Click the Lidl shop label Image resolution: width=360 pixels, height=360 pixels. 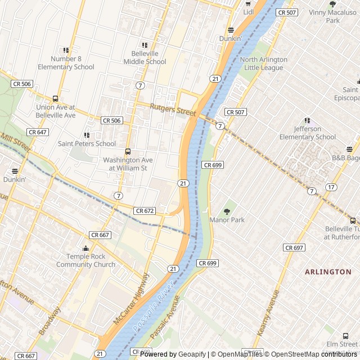tap(249, 12)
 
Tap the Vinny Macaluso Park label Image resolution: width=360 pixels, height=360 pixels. tap(333, 16)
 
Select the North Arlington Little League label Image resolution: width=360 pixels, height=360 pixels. tap(263, 64)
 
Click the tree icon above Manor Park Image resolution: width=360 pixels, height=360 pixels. tap(227, 211)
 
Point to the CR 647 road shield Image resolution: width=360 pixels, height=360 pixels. tap(37, 132)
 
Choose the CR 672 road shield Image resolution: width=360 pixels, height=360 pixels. tap(145, 210)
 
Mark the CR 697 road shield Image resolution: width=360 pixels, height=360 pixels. tap(294, 247)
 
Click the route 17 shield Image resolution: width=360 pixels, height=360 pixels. tap(332, 187)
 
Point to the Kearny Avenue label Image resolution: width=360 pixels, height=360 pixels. tap(267, 314)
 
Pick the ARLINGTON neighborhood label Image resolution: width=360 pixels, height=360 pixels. tap(328, 272)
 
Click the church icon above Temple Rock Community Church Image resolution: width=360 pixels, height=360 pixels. tap(86, 249)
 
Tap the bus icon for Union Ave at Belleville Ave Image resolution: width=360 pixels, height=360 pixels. tap(55, 99)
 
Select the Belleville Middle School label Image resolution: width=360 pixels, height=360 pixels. tap(145, 58)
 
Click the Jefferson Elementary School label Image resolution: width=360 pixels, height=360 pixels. tap(307, 133)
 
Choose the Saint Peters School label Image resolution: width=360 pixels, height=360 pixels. tap(87, 143)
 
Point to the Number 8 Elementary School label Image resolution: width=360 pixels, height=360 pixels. tap(66, 63)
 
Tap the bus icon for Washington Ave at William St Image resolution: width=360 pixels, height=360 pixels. tap(128, 152)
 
